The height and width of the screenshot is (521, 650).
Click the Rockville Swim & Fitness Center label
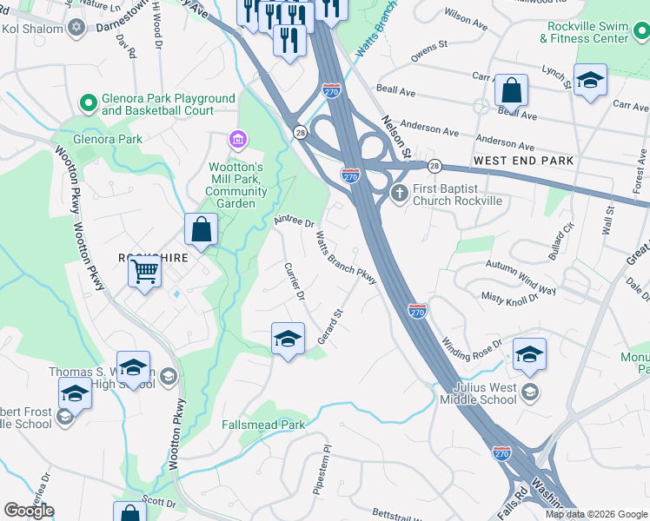tap(584, 33)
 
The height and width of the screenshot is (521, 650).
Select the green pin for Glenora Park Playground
tap(88, 104)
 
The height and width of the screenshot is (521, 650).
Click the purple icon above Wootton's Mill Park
tap(235, 139)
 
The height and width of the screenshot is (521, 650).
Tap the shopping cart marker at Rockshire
tap(144, 271)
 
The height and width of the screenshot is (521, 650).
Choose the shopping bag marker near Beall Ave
tap(512, 89)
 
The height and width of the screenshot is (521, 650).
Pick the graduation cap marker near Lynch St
tap(590, 82)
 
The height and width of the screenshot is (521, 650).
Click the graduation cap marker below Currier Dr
tap(288, 339)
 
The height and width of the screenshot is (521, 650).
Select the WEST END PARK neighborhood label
tap(523, 162)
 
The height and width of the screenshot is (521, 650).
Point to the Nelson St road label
tap(395, 139)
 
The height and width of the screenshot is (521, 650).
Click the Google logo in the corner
tap(29, 511)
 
